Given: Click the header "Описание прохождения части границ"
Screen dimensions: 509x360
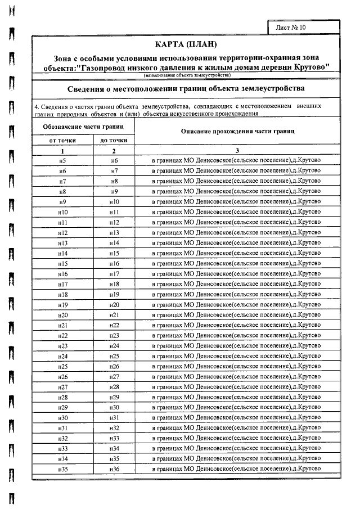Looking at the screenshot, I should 238,131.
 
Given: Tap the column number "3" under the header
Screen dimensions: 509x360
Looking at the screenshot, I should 237,150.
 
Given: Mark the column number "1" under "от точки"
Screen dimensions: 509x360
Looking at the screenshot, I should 62,150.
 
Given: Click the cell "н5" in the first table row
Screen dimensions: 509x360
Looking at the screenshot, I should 62,160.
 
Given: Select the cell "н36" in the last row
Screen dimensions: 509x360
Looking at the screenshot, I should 114,469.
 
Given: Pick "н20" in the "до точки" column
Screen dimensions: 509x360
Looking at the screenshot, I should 114,304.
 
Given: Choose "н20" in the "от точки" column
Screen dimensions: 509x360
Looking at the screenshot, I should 62,315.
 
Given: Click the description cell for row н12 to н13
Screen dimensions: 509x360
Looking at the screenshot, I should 237,232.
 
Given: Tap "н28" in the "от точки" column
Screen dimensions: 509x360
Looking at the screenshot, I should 62,397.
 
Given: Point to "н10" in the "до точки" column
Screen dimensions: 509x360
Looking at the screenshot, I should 114,201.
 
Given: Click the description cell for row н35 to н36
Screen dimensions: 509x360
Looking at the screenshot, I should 237,469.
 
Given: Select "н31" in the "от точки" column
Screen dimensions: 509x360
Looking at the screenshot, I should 62,428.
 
